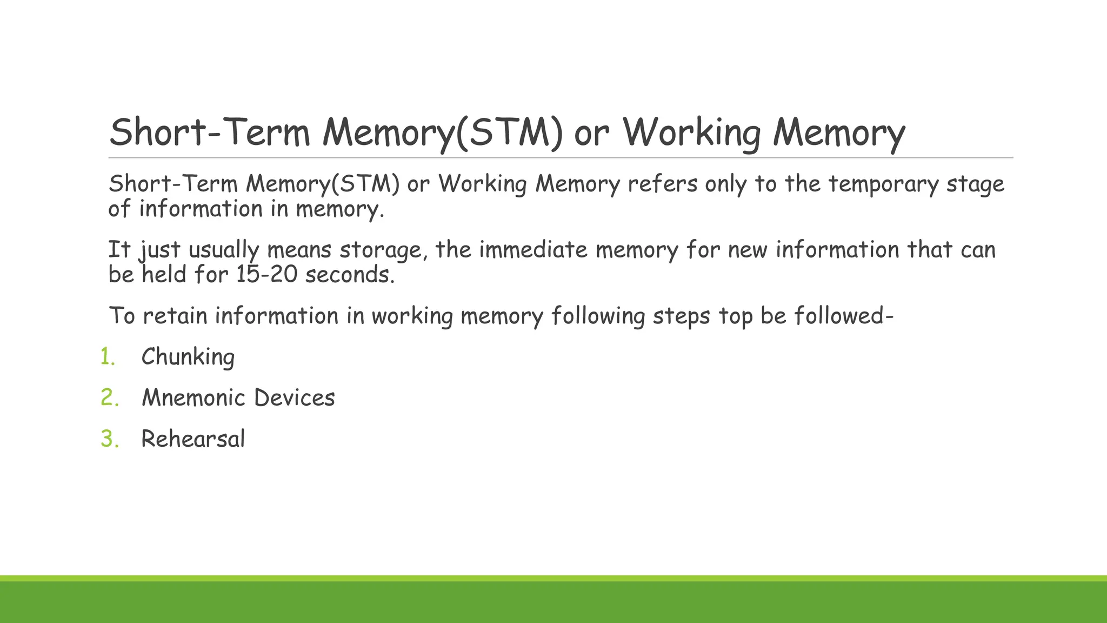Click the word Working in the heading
pos(691,132)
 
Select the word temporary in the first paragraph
pos(884,184)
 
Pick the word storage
pos(383,250)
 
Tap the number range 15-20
pos(266,275)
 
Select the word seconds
pos(350,275)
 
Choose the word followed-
pos(844,316)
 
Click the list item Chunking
pos(188,357)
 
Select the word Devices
pos(294,398)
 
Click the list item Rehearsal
pos(193,439)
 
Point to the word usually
pos(224,251)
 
